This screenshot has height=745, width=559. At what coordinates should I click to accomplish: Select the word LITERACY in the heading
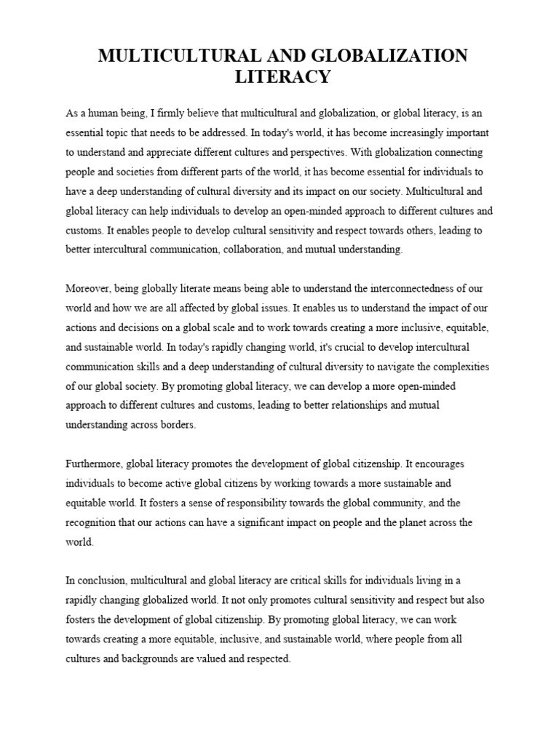click(279, 76)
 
